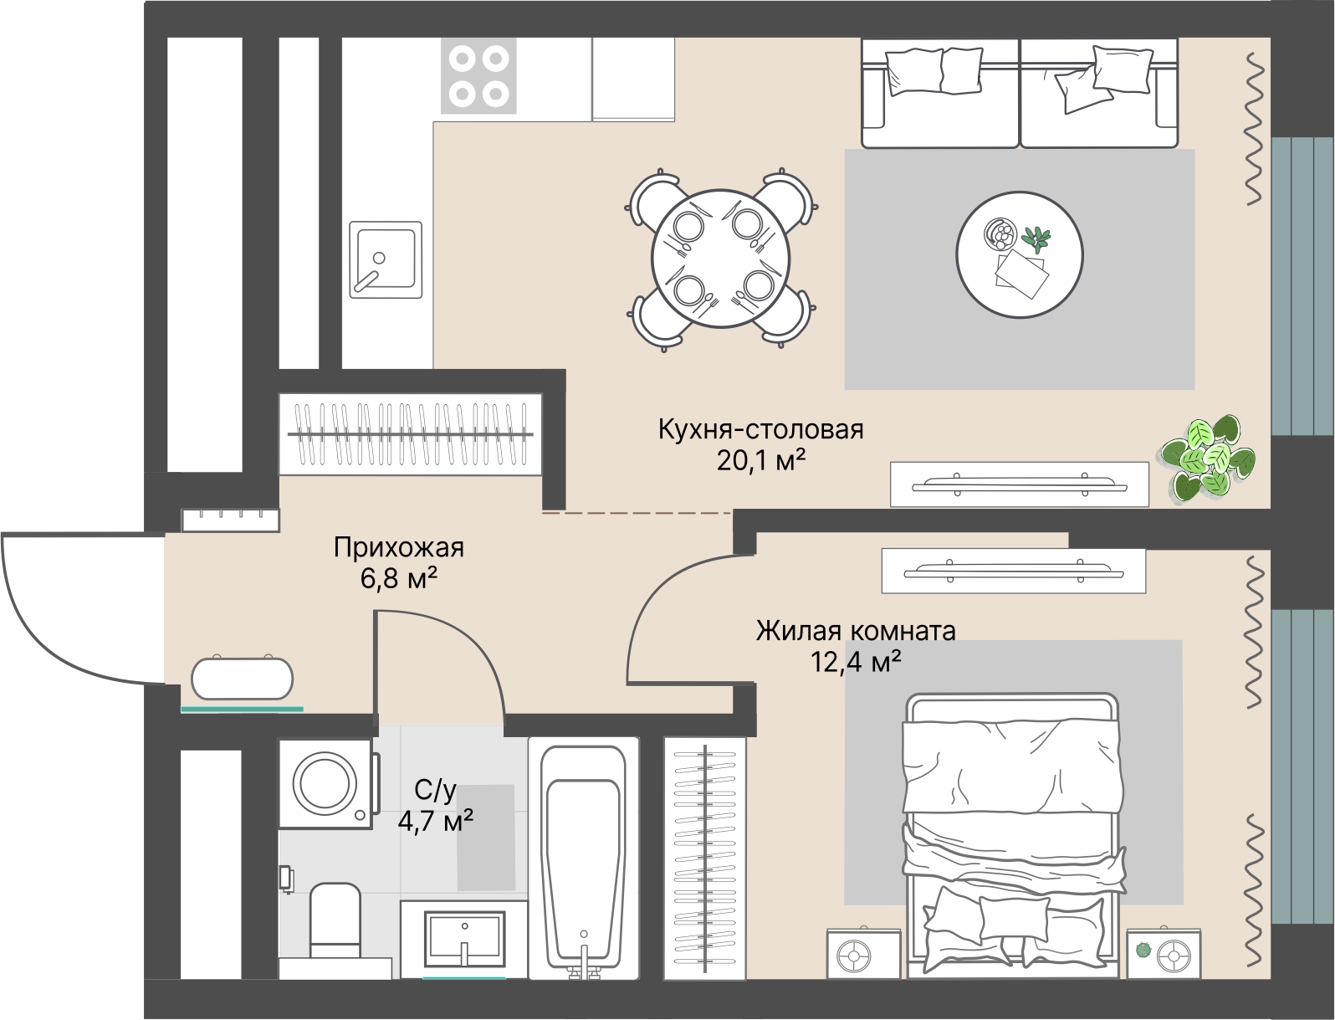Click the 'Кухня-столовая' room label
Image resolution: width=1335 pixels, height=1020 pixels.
pyautogui.click(x=760, y=429)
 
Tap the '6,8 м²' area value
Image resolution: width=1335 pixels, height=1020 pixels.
pyautogui.click(x=399, y=577)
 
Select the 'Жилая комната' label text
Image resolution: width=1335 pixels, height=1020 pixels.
pyautogui.click(x=855, y=630)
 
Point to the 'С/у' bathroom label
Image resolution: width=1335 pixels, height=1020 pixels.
pyautogui.click(x=435, y=790)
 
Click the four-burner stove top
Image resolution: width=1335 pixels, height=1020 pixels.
pyautogui.click(x=478, y=76)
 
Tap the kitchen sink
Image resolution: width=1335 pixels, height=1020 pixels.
pyautogui.click(x=385, y=259)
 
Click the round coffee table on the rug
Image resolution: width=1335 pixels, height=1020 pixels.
pyautogui.click(x=1019, y=254)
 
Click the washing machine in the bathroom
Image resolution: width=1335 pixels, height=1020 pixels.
pyautogui.click(x=325, y=783)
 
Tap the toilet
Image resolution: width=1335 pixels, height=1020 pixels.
pyautogui.click(x=335, y=920)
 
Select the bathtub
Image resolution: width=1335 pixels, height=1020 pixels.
pyautogui.click(x=583, y=858)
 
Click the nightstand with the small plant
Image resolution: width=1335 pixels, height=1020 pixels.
pyautogui.click(x=1162, y=952)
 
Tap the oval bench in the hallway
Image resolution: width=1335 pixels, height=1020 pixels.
pyautogui.click(x=243, y=678)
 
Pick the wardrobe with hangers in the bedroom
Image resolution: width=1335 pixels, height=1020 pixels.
pyautogui.click(x=704, y=858)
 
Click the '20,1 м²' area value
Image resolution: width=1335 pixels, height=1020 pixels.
pyautogui.click(x=760, y=459)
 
